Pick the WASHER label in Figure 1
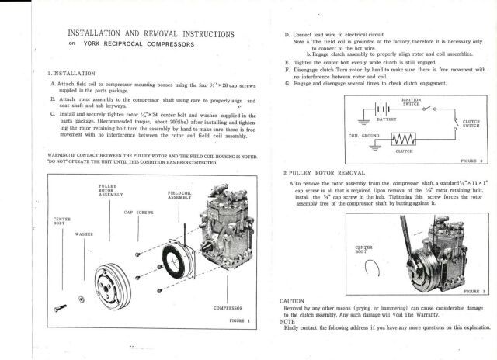pyautogui.click(x=85, y=234)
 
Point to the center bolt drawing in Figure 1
pyautogui.click(x=62, y=308)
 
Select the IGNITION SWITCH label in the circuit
pyautogui.click(x=412, y=101)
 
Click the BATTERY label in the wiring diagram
pyautogui.click(x=386, y=120)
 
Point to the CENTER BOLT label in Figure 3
pyautogui.click(x=364, y=248)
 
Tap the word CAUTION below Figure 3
pyautogui.click(x=293, y=300)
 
